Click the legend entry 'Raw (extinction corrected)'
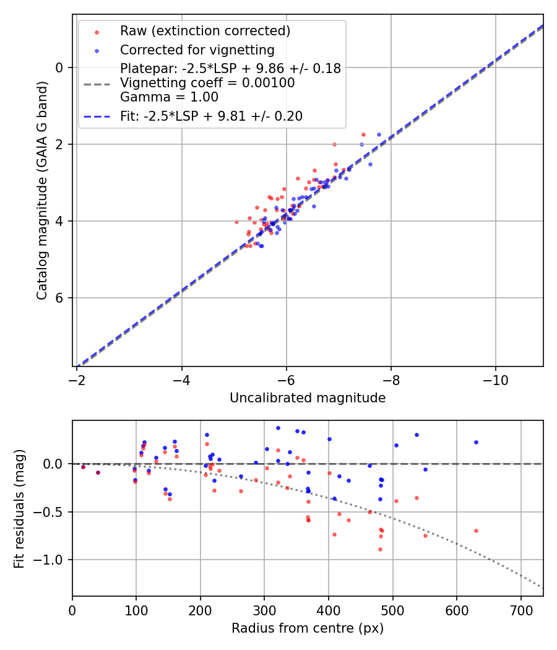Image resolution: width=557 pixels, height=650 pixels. pos(205,30)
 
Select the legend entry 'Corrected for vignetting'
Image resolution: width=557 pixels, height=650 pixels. pos(197,50)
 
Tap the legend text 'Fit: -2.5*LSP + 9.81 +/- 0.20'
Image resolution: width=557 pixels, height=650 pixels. pos(211,116)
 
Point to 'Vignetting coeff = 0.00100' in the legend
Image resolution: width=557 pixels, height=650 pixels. pos(207,83)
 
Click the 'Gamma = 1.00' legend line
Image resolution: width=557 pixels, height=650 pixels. pos(169,97)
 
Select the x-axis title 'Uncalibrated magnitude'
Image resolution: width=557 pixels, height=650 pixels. pos(308,398)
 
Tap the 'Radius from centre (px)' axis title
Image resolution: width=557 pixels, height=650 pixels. pos(308,628)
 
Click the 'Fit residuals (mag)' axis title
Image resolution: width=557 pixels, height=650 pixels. pos(19,508)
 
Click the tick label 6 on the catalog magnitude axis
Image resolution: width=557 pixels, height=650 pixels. pos(60,298)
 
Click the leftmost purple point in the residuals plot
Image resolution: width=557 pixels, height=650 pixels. pos(83,467)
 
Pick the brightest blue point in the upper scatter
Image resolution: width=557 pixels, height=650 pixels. pos(379,134)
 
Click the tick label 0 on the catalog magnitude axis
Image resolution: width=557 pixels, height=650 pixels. pos(60,67)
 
